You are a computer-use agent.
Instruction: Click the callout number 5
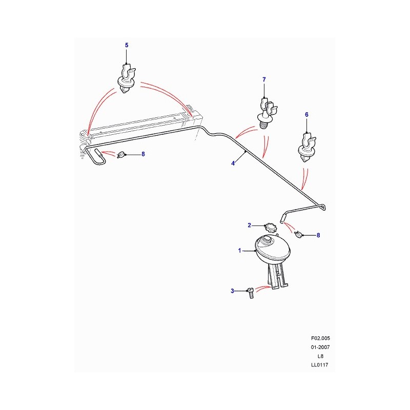pos(127,45)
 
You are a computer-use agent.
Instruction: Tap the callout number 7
pos(264,79)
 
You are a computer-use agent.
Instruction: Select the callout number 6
pos(306,114)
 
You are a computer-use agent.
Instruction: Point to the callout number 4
pos(233,163)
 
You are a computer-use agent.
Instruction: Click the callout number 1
pos(239,251)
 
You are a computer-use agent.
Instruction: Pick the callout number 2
pos(249,225)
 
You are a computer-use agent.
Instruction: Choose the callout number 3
pos(232,291)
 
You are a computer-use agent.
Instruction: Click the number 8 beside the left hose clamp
pos(143,154)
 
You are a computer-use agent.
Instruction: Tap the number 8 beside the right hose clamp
pos(318,235)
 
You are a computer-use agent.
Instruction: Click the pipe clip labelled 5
pos(127,79)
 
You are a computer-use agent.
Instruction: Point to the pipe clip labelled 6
pos(307,148)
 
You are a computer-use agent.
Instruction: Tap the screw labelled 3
pos(250,293)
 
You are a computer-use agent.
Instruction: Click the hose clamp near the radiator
pos(121,155)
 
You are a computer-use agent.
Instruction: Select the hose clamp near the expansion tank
pos(298,234)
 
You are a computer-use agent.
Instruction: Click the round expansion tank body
pos(273,249)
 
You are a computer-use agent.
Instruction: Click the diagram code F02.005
pos(320,338)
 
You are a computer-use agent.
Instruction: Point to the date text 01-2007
pos(320,347)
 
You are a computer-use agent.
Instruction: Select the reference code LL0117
pos(319,365)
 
